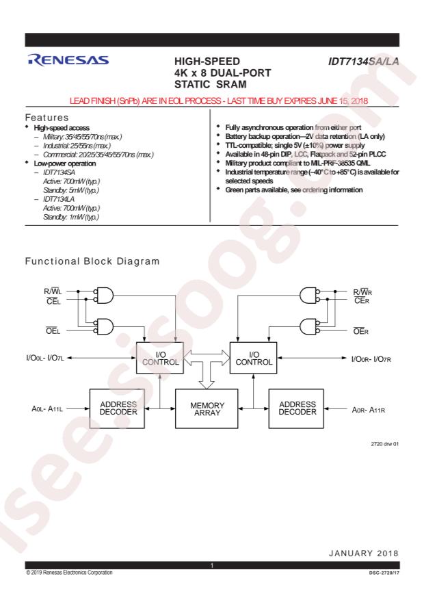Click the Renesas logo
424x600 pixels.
68,60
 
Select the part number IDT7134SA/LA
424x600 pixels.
364,61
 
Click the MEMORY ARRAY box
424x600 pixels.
207,408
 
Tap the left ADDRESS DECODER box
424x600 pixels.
117,408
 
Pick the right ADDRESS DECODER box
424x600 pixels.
296,408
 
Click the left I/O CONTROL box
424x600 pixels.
160,358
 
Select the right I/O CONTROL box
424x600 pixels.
253,358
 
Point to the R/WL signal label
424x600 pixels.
53,291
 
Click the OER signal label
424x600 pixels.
361,331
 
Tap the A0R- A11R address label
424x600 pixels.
368,410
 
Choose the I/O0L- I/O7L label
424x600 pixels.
45,358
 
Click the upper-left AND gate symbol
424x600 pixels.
104,296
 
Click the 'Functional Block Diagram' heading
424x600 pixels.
92,261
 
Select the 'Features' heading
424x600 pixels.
47,118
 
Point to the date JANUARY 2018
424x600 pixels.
364,553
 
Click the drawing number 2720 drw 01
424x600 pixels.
384,444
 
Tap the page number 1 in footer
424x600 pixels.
212,566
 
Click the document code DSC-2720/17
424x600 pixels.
384,573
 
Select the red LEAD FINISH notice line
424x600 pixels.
219,101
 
